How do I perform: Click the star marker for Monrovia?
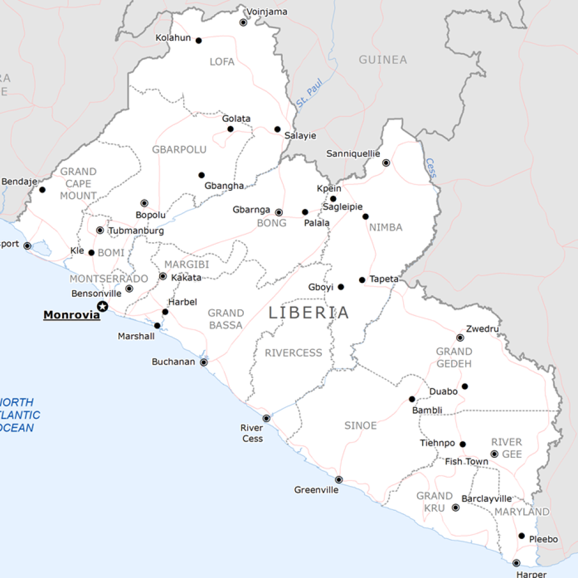[x=103, y=306]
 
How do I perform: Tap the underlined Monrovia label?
[x=72, y=315]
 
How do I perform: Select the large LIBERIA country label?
[x=309, y=313]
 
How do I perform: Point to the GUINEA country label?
[x=383, y=60]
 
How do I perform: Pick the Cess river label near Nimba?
[x=431, y=168]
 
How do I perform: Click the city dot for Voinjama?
[x=243, y=23]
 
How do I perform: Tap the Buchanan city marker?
[x=204, y=362]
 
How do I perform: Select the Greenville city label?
[x=316, y=490]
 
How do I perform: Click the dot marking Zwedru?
[x=460, y=338]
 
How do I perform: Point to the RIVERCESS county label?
[x=294, y=353]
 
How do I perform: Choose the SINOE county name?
[x=360, y=426]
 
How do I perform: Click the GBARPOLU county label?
[x=179, y=150]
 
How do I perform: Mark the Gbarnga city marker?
[x=279, y=213]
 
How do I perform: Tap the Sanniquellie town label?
[x=353, y=154]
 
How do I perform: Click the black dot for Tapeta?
[x=362, y=280]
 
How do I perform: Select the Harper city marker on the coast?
[x=516, y=563]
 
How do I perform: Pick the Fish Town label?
[x=467, y=462]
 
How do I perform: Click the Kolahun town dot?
[x=198, y=40]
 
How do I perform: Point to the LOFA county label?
[x=222, y=62]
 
